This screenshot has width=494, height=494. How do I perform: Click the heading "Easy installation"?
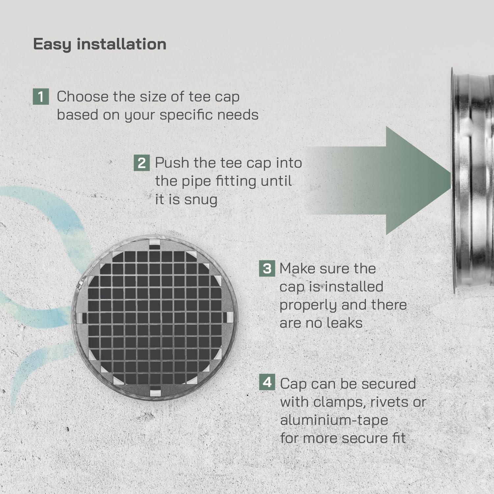tap(99, 44)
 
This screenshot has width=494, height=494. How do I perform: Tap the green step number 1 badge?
tap(41, 96)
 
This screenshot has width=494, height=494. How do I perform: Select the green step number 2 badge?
tap(142, 163)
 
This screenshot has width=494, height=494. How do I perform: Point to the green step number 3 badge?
tap(267, 268)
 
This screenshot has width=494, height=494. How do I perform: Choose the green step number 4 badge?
tap(267, 382)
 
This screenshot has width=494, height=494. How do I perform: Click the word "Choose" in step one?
tap(82, 96)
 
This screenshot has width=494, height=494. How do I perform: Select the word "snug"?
tap(201, 200)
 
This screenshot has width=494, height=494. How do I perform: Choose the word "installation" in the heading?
tap(122, 44)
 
